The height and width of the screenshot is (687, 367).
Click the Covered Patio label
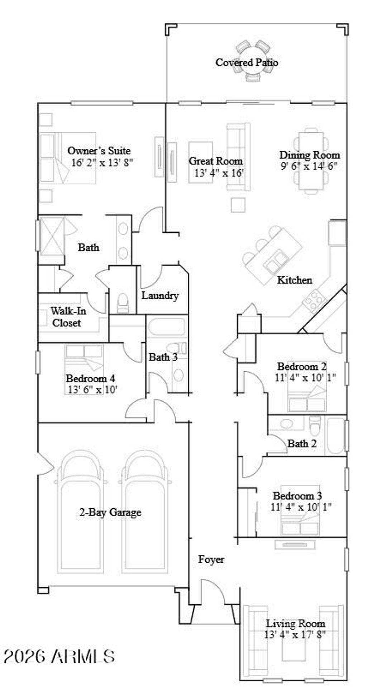(247, 63)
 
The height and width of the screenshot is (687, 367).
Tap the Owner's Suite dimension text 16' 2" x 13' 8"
(102, 163)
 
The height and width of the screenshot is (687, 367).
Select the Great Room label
(216, 161)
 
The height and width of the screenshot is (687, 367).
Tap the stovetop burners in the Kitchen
(314, 300)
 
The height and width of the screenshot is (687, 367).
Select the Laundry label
(160, 296)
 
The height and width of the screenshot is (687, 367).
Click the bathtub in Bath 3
(167, 326)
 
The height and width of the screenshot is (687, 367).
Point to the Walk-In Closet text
(68, 317)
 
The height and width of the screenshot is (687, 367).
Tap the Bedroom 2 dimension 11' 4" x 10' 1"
(305, 378)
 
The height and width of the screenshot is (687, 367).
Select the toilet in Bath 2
(315, 424)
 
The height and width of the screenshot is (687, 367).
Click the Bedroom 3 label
(297, 496)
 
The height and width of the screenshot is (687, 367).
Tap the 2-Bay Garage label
(110, 512)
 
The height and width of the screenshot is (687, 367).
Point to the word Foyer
(211, 559)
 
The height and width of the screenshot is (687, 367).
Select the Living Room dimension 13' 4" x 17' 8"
(295, 635)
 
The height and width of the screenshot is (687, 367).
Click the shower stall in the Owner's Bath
(52, 236)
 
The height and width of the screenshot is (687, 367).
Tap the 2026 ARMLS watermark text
(59, 657)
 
